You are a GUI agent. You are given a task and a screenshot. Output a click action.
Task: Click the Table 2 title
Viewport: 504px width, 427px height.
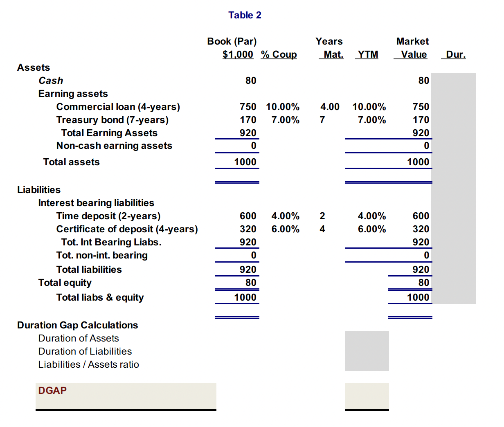[245, 15]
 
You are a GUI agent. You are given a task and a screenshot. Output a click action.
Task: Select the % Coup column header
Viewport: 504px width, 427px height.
[279, 54]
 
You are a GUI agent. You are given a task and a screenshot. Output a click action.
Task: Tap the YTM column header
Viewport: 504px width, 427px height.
[368, 54]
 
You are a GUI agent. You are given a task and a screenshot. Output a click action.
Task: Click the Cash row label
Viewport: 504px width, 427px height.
[51, 81]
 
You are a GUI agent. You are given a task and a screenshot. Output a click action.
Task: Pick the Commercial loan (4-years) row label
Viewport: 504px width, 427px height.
[118, 107]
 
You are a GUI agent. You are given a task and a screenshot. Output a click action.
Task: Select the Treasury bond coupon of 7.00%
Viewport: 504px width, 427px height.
[285, 120]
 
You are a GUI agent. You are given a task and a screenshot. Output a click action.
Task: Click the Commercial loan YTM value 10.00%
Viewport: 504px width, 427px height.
[369, 107]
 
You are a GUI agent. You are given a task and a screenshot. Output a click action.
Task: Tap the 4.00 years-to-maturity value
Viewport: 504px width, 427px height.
[330, 107]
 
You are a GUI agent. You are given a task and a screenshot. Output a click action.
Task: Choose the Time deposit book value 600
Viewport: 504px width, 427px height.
[248, 216]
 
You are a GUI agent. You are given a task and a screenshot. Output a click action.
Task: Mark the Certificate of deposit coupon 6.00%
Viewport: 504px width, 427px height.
[285, 229]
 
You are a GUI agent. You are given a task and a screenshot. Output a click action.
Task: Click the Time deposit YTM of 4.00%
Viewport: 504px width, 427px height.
[371, 216]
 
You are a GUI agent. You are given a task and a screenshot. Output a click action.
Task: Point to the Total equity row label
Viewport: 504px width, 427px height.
[65, 283]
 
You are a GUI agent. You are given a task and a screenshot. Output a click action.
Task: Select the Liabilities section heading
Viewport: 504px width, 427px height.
[39, 190]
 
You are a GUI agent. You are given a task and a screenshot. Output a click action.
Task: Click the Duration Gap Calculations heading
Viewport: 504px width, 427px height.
[77, 325]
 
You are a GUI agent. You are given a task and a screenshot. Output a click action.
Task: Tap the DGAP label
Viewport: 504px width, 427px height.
[52, 391]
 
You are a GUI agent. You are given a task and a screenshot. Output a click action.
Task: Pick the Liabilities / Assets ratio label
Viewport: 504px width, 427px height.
[88, 364]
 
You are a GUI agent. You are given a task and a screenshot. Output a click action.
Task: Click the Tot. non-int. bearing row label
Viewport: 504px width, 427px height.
[102, 255]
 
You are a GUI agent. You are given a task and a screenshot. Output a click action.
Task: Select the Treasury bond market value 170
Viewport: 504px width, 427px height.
[421, 120]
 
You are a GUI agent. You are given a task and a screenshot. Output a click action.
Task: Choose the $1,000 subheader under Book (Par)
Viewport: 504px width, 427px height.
[238, 54]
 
